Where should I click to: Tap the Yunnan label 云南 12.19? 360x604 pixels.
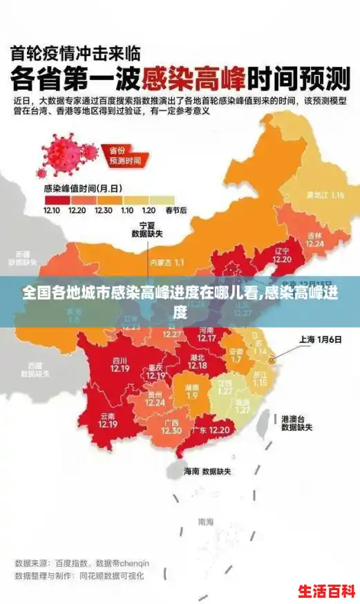tap(108, 420)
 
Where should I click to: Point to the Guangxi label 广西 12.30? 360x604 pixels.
tap(171, 426)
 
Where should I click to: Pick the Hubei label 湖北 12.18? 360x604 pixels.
tap(197, 361)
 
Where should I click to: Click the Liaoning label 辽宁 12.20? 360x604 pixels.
tap(282, 255)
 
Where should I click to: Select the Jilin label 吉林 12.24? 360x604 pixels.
tap(315, 239)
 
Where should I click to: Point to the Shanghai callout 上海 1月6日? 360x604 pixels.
tap(321, 339)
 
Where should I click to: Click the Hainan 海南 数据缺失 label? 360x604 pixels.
tap(207, 471)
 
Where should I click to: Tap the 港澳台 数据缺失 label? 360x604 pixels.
tap(296, 423)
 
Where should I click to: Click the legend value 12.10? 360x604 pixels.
tap(52, 209)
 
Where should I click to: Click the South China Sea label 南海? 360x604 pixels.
tap(206, 522)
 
